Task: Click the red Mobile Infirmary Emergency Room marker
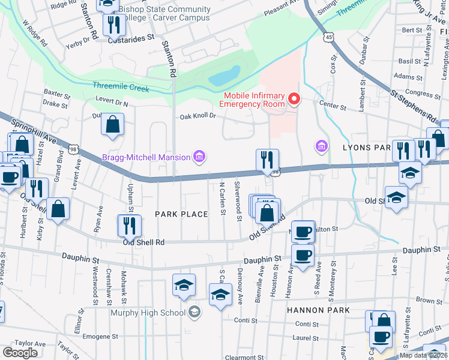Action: point(294,99)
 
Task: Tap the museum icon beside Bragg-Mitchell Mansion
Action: point(199,158)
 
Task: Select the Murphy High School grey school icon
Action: point(194,311)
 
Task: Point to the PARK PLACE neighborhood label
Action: point(181,214)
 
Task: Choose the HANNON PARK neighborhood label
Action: point(318,310)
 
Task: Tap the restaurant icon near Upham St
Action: point(129,225)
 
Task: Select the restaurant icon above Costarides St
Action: point(113,25)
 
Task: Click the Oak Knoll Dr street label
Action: point(198,116)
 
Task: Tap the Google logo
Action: point(20,353)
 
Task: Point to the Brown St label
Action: point(429,300)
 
